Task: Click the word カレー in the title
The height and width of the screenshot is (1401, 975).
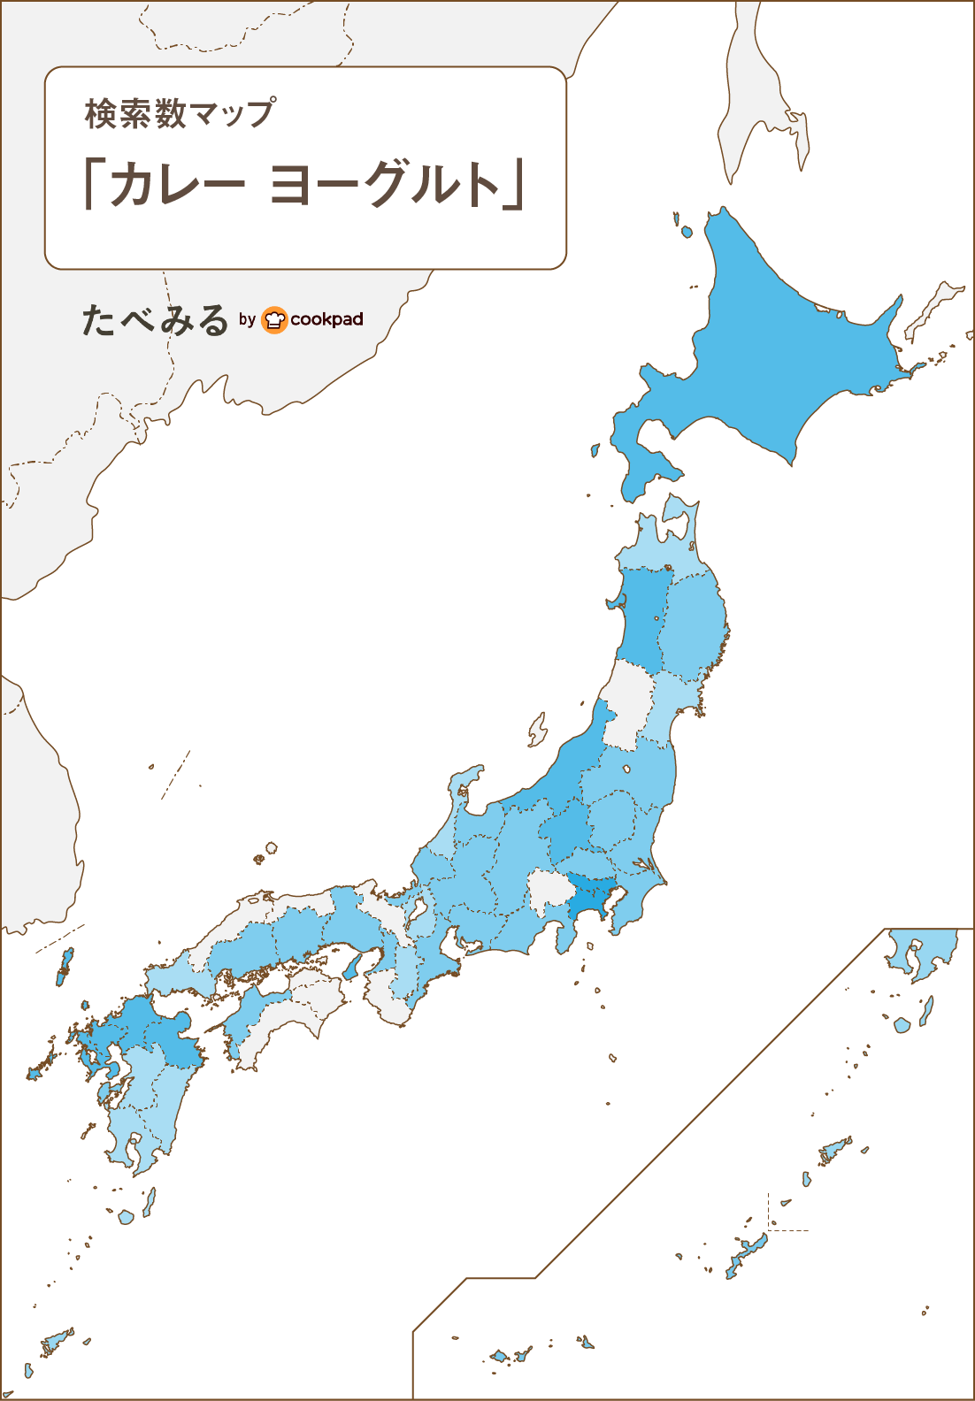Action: pyautogui.click(x=176, y=185)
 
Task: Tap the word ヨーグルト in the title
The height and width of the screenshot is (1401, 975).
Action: pyautogui.click(x=384, y=185)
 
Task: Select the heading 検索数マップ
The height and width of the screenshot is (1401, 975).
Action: pyautogui.click(x=180, y=114)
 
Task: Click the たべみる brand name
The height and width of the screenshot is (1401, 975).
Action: pyautogui.click(x=156, y=320)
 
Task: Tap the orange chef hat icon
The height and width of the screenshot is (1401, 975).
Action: pyautogui.click(x=275, y=319)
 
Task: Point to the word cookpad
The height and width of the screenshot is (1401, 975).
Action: pyautogui.click(x=326, y=319)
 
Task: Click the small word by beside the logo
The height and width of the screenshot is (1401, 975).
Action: pyautogui.click(x=247, y=319)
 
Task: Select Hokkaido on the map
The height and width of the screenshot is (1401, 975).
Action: pyautogui.click(x=779, y=354)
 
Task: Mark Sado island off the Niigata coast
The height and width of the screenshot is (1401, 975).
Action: pyautogui.click(x=537, y=731)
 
